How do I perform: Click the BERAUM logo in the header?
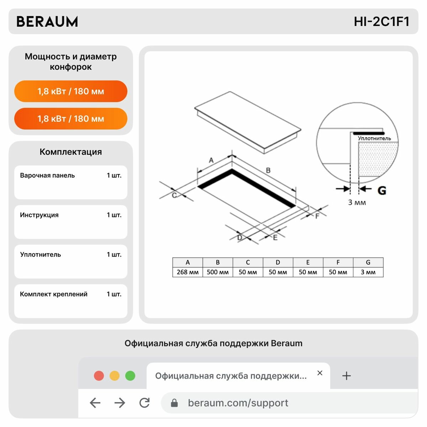47,22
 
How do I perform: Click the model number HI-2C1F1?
381,22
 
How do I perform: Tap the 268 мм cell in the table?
188,272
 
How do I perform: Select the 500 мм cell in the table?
218,272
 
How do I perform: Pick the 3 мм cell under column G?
368,272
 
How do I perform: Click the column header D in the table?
278,262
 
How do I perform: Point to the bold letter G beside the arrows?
382,190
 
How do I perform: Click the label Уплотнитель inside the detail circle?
374,138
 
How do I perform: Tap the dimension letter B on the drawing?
268,170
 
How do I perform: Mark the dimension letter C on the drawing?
174,195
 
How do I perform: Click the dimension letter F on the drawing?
317,216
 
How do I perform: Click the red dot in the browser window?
99,376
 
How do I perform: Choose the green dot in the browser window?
130,376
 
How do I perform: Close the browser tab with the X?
320,373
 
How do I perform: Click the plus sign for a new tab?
346,376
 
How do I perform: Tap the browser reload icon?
144,402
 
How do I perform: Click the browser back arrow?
95,402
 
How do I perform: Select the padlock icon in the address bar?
174,403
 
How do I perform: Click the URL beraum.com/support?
238,403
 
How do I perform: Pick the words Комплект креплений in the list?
54,294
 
